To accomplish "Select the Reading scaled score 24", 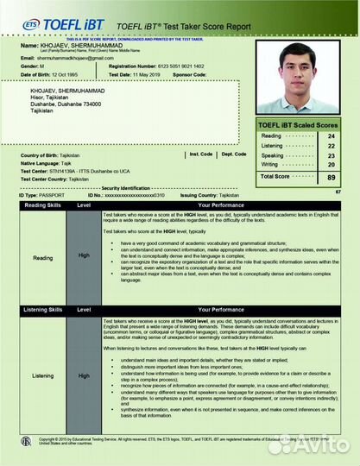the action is click(332, 136).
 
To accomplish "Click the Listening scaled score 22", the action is click(332, 146).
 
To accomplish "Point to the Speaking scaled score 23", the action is click(332, 154).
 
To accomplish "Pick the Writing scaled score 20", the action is click(332, 164).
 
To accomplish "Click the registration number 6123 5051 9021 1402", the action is click(168, 66).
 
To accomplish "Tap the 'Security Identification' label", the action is click(125, 187).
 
